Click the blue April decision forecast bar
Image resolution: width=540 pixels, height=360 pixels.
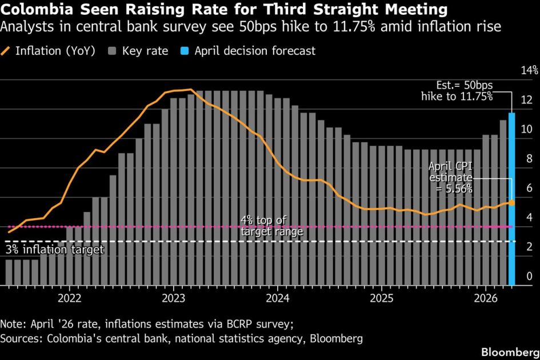[511, 200]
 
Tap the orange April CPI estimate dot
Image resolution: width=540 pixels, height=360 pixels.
[512, 203]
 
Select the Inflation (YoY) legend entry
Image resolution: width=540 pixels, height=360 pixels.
[51, 51]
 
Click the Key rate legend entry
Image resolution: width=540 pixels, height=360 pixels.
[138, 51]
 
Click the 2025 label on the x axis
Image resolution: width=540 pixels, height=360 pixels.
[381, 298]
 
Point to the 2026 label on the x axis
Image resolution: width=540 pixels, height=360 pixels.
[485, 298]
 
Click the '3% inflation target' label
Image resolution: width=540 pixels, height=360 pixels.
[55, 250]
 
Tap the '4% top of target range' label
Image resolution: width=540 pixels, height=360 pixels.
[272, 226]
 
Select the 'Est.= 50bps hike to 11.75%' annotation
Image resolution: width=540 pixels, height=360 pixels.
[457, 91]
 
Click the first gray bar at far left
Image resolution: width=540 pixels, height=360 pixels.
[9, 272]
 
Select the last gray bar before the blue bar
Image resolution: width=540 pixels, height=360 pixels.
[503, 203]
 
